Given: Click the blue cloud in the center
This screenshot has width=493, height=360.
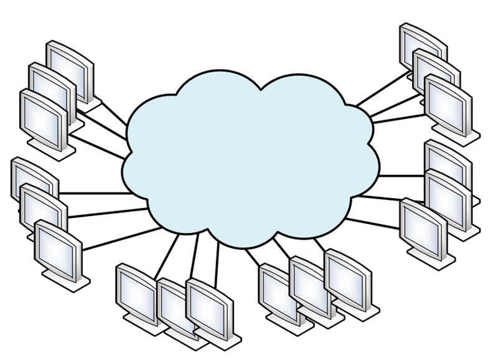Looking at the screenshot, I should [249, 156].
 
